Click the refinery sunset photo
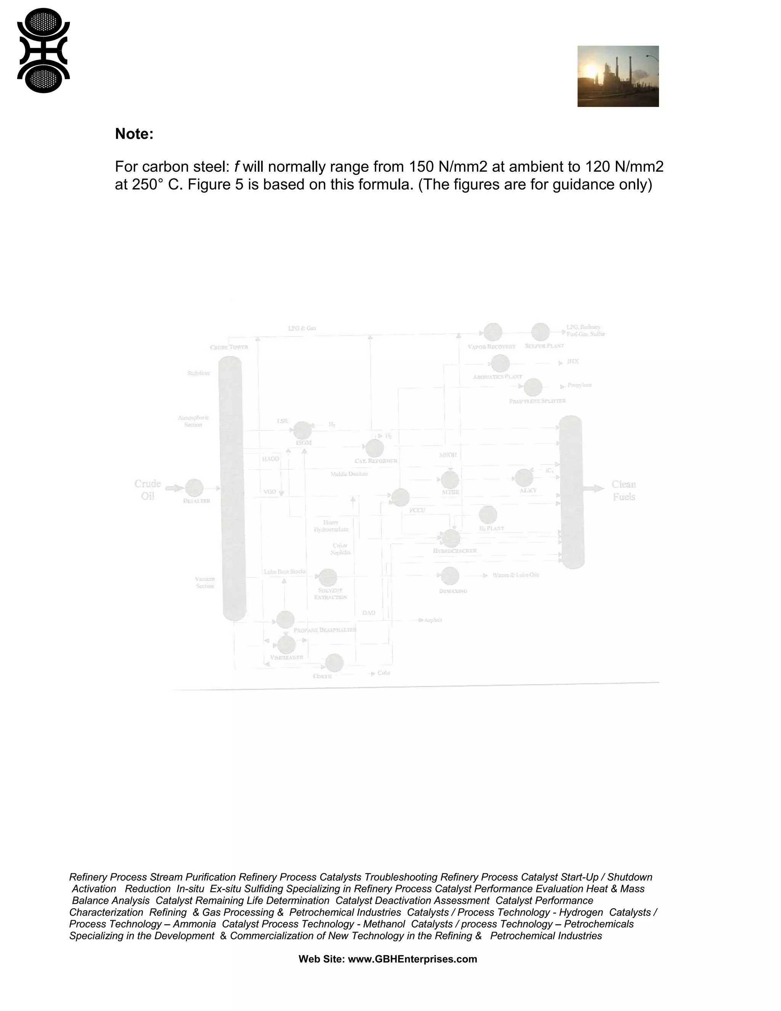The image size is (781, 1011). point(618,76)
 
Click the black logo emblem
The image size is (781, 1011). point(43,50)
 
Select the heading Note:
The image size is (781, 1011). point(134,134)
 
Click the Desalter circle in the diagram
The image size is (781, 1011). point(194,488)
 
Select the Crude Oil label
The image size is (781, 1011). point(148,490)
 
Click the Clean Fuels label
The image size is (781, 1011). point(624,490)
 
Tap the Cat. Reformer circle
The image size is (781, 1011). point(374,448)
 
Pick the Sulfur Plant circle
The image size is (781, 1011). point(540,332)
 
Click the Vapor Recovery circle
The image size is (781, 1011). point(493,332)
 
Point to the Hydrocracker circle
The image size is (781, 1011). point(451,538)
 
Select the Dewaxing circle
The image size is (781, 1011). point(450,576)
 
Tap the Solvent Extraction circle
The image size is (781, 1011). point(328,577)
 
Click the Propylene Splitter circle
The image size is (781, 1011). point(533,387)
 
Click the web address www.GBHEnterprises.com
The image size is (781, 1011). point(412,959)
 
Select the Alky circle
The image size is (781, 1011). point(523,478)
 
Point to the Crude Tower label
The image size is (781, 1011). point(229,347)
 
